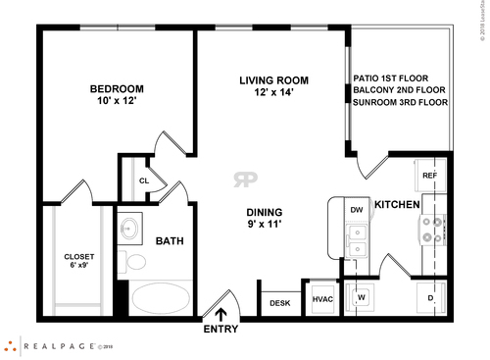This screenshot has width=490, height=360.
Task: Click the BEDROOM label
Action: click(117, 88)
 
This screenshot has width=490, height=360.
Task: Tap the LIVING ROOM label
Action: click(274, 79)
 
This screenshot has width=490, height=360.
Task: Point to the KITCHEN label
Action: click(397, 205)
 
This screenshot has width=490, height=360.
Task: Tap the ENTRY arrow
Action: click(220, 315)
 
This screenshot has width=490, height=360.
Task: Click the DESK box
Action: click(280, 303)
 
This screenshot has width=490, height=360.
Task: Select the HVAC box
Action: click(322, 299)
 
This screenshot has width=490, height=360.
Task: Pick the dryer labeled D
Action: click(430, 297)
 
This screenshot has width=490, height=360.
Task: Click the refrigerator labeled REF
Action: click(429, 176)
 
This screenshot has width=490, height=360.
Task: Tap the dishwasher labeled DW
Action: click(357, 209)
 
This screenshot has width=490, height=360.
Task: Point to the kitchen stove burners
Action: click(431, 230)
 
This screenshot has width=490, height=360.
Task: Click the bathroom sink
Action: click(129, 231)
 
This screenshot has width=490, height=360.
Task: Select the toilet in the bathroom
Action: click(133, 263)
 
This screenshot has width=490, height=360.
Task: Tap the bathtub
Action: click(162, 296)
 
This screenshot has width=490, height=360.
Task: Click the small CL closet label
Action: click(143, 180)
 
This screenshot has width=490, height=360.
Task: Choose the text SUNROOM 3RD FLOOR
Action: click(400, 102)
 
